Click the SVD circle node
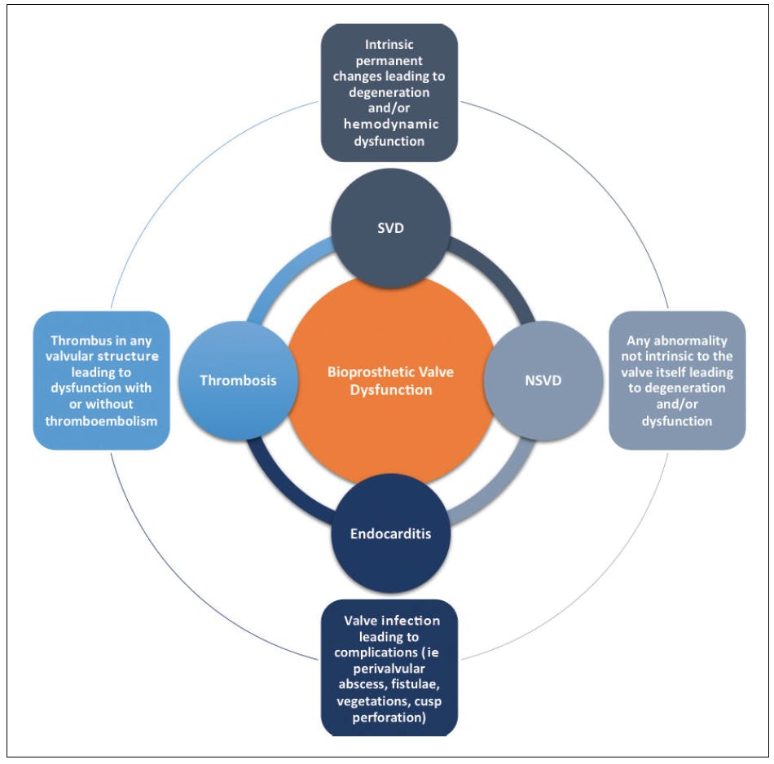tap(390, 229)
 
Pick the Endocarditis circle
tap(390, 533)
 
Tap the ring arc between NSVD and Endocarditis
tap(495, 487)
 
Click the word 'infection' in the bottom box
tap(411, 621)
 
